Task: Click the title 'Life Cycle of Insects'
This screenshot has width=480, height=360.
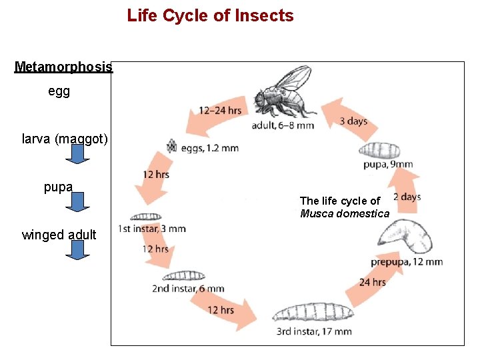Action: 210,15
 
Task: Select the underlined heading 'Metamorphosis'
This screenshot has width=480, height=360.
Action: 64,67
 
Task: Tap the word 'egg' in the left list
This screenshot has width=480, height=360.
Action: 59,91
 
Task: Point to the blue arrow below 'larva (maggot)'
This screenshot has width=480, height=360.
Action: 78,155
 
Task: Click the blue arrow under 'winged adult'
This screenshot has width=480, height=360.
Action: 78,250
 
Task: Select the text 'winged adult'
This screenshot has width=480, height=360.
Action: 59,235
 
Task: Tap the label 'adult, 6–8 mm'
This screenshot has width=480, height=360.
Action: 283,125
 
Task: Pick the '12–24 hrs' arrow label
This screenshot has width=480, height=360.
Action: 219,110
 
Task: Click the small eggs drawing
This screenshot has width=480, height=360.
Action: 171,145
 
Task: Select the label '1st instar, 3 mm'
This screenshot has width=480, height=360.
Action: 151,229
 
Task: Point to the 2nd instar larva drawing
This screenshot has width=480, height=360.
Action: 185,275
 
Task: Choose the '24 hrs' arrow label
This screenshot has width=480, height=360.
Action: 372,282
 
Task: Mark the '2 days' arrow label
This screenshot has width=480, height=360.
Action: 406,197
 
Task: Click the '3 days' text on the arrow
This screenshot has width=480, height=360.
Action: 353,121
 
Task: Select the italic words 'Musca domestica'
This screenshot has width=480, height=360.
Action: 344,213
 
